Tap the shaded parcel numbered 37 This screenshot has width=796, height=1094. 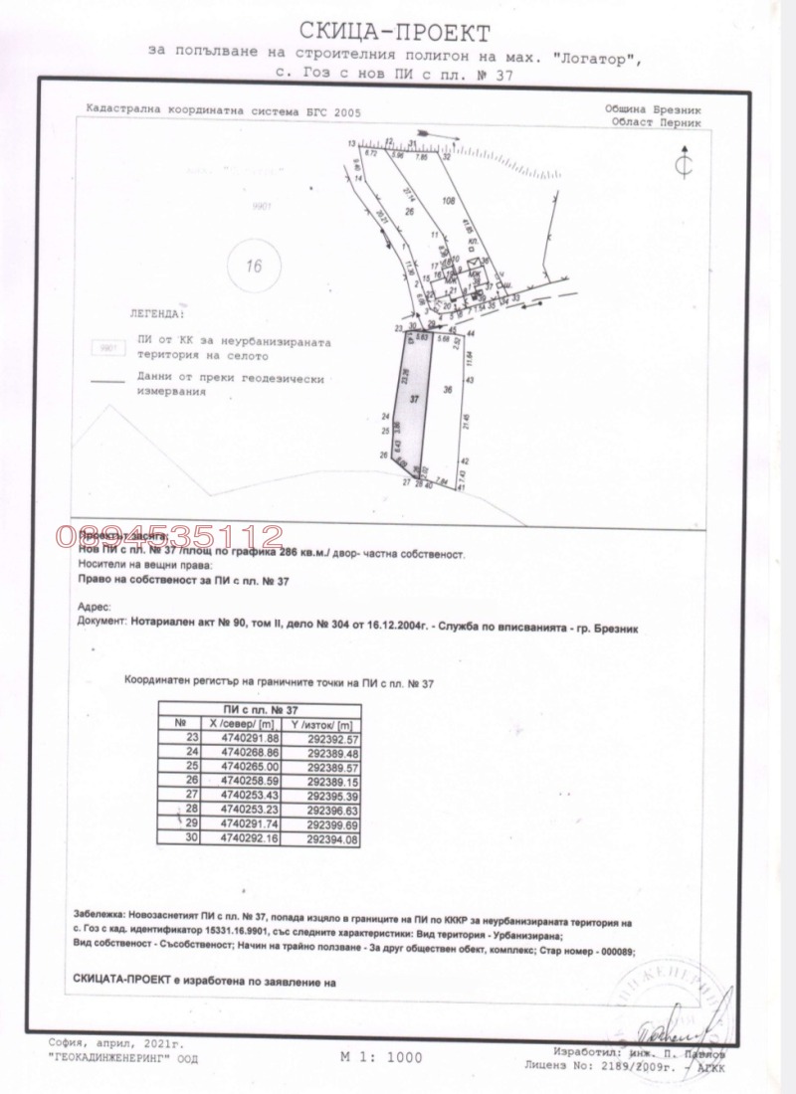[415, 398]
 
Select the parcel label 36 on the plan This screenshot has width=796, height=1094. [448, 390]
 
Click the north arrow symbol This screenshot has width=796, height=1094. [683, 164]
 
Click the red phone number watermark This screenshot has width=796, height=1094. [172, 536]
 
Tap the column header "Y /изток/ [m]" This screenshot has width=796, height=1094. [327, 723]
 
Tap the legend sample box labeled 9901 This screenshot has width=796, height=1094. [103, 347]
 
